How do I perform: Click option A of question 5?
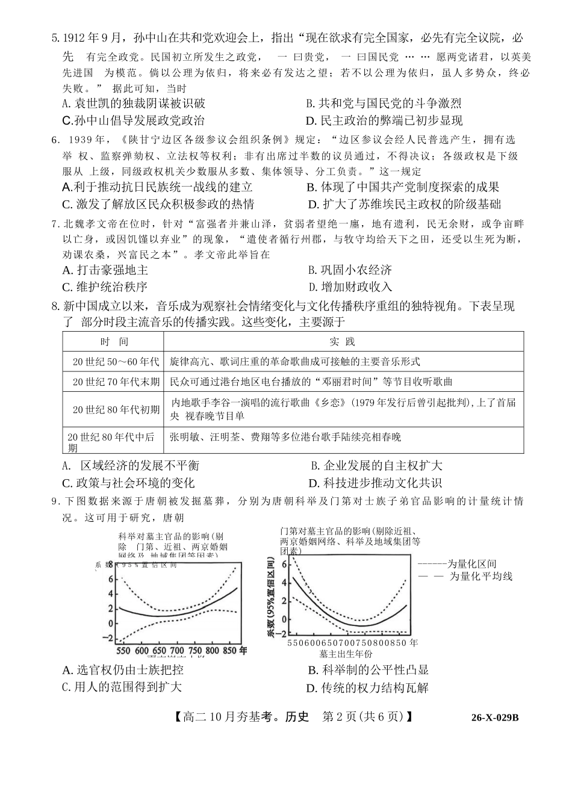(134, 103)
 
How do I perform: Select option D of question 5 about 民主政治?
(384, 120)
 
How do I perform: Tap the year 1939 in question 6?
(83, 140)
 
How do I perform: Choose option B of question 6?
(402, 187)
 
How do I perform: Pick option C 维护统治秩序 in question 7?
(105, 287)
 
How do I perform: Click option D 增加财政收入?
(350, 287)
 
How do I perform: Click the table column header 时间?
(114, 342)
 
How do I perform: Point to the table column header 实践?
(343, 342)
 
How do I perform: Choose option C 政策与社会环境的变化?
(128, 483)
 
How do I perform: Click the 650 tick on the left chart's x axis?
(159, 651)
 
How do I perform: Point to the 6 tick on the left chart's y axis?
(110, 579)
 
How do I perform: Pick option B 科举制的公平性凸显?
(368, 670)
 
